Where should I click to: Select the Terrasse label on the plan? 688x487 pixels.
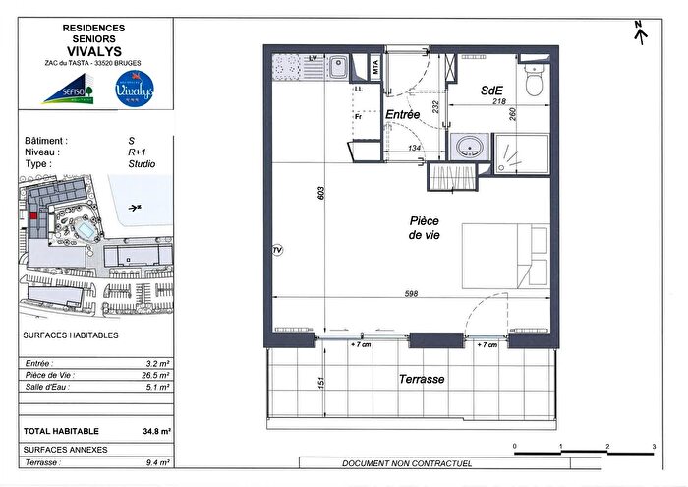(422, 379)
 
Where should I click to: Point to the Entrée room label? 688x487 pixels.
(403, 115)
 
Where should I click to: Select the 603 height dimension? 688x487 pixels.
(319, 194)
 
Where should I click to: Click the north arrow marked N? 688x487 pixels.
(642, 33)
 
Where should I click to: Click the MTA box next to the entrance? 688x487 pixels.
(375, 68)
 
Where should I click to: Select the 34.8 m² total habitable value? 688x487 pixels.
(156, 431)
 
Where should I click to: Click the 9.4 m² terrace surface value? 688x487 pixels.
(157, 462)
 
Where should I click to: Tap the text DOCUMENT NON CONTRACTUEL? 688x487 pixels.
(406, 463)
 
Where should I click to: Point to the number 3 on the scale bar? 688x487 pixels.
(654, 448)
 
